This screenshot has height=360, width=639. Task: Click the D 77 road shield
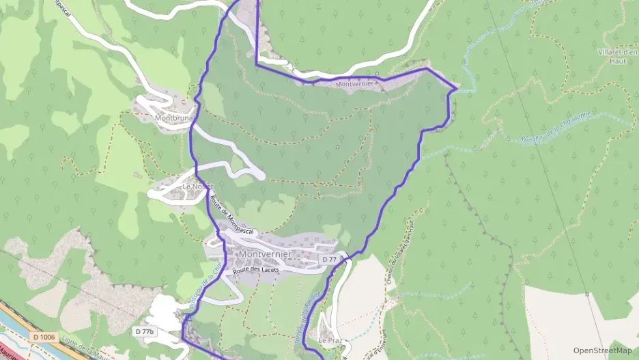coord(329,260)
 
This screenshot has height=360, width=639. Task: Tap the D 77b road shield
coord(145,331)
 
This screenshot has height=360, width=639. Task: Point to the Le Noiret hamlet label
coord(198,186)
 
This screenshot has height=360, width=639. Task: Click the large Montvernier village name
coord(265,254)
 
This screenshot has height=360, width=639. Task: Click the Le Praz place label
coord(329,340)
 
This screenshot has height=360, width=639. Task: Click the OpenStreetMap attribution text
coord(602,350)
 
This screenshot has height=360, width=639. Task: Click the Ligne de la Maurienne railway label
coord(82,345)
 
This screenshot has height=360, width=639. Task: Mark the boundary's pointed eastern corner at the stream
coord(456,89)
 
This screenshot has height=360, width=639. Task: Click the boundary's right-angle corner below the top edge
coord(257,65)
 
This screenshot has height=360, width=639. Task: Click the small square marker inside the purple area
coord(337,146)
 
